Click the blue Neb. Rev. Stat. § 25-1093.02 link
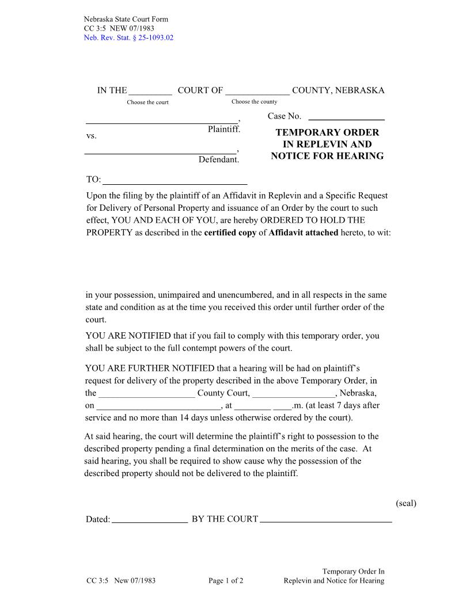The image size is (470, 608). click(128, 38)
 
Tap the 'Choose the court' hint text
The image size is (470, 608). click(148, 102)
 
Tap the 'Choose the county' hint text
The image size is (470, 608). click(254, 102)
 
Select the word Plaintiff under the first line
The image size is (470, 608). click(223, 130)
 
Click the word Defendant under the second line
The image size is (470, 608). click(218, 159)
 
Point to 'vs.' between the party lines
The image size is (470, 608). click(92, 136)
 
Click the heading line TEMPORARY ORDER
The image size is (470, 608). click(327, 132)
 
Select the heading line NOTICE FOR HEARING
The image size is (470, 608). click(327, 156)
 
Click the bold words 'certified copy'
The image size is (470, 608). click(230, 233)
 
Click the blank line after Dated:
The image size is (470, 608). click(150, 519)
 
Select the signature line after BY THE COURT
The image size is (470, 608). click(326, 519)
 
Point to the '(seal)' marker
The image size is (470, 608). click(405, 503)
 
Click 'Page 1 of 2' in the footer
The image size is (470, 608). click(226, 581)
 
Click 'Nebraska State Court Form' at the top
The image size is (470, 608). click(126, 20)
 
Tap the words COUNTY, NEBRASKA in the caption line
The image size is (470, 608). click(338, 90)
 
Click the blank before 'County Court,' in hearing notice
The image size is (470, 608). click(147, 394)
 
